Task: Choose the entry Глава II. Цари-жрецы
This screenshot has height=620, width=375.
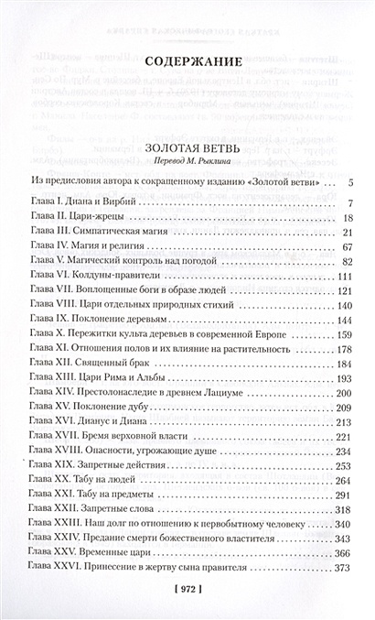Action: [x=77, y=218]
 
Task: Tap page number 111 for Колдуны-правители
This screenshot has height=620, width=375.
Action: [x=344, y=276]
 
